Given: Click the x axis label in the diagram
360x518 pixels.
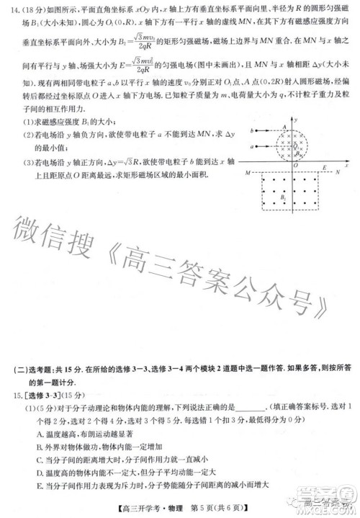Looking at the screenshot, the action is (346, 165).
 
